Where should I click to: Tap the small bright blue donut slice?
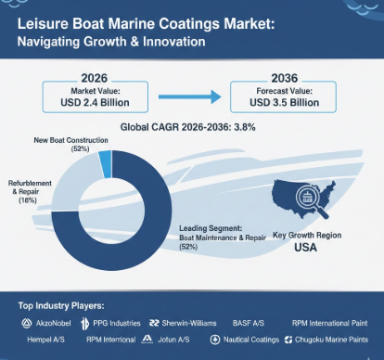(105, 165)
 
